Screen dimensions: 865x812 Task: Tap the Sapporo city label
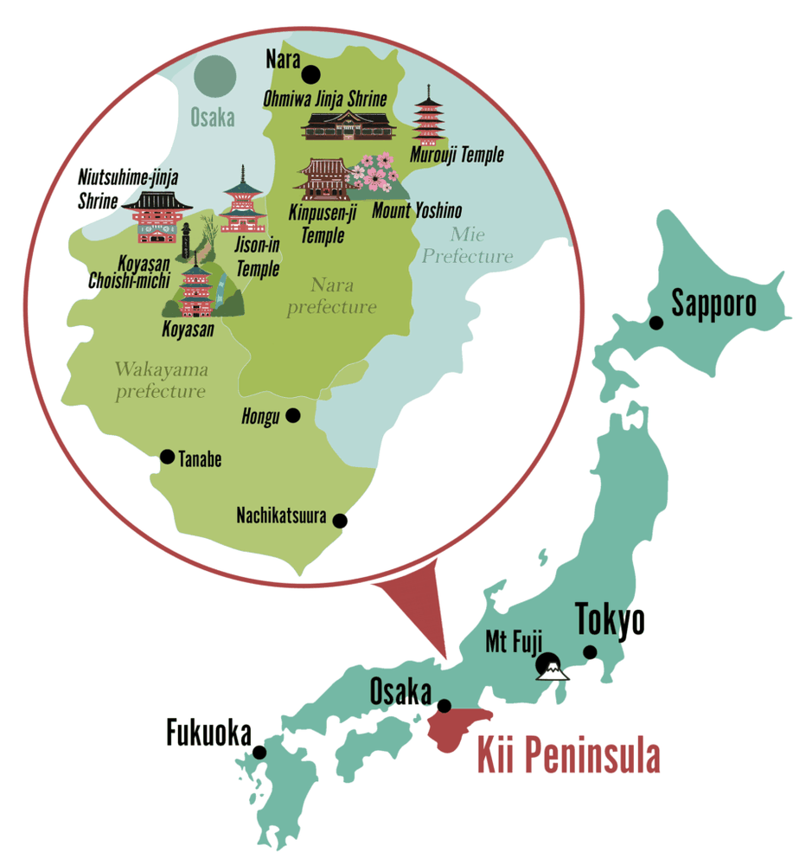point(713,304)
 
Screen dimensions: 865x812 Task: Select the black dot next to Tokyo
point(590,651)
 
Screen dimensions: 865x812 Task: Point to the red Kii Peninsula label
point(569,755)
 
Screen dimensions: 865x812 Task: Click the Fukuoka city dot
point(259,753)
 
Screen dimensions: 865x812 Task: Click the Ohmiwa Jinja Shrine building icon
point(348,125)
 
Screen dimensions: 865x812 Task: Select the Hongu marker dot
point(293,415)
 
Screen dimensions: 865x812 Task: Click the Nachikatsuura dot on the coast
point(340,521)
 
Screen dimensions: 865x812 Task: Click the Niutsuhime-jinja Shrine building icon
point(157,215)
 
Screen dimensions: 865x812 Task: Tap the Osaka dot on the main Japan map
point(444,706)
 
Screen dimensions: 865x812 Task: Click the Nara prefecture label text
point(331,296)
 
